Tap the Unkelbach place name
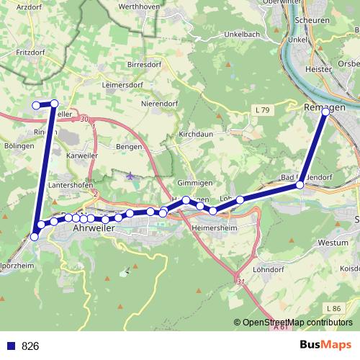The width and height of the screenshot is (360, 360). pyautogui.click(x=225, y=35)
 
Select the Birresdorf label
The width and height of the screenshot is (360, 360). pyautogui.click(x=148, y=63)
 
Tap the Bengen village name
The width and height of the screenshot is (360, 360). pyautogui.click(x=130, y=146)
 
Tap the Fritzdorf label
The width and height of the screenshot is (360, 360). pyautogui.click(x=20, y=53)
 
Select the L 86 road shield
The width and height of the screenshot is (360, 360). pyautogui.click(x=333, y=309)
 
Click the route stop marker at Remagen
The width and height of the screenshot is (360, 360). pyautogui.click(x=326, y=112)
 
